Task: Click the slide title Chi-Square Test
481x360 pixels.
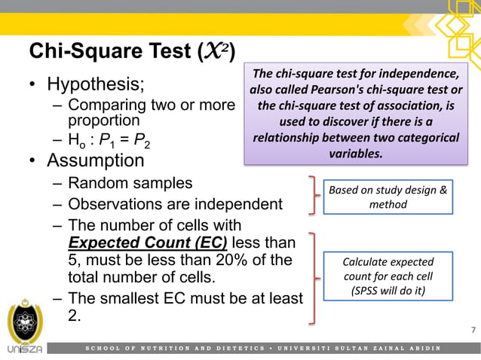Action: click(x=132, y=53)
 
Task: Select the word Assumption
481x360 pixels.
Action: click(x=95, y=160)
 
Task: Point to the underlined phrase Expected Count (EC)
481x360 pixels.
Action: click(x=148, y=243)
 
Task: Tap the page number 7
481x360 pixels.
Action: click(x=473, y=331)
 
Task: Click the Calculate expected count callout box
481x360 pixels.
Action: click(x=388, y=276)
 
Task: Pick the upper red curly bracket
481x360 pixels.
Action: click(x=311, y=195)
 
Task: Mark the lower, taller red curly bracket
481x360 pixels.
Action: click(x=312, y=276)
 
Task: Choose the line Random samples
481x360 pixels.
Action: click(x=130, y=183)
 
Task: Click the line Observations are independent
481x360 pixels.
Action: click(x=175, y=204)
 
